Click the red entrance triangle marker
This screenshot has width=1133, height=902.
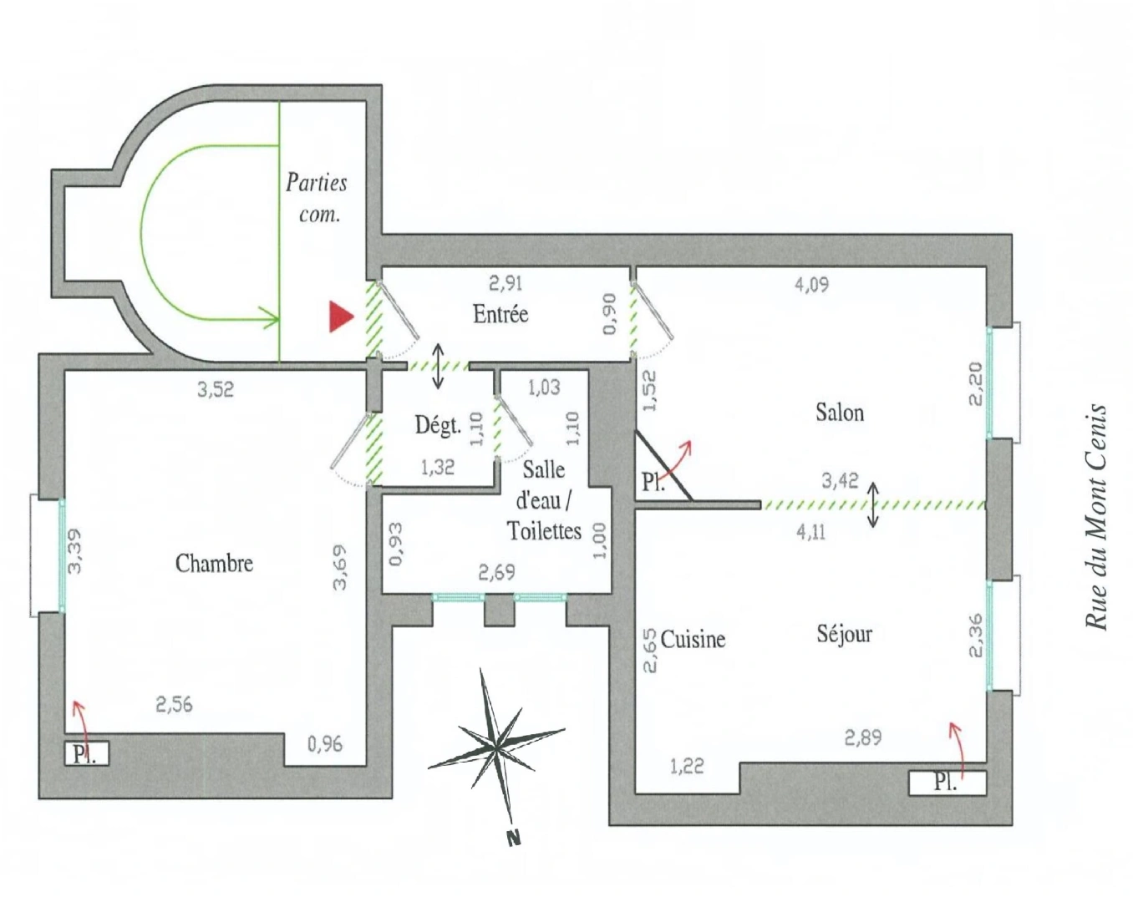click(340, 317)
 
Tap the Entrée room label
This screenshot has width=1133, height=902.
click(500, 314)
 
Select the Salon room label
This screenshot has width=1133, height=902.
click(840, 413)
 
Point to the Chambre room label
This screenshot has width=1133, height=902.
click(214, 564)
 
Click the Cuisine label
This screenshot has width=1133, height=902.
click(693, 640)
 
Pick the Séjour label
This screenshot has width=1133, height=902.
click(845, 634)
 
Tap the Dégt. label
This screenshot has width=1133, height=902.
click(438, 425)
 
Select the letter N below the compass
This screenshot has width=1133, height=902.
click(515, 837)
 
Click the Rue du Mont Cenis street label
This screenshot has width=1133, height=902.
click(1097, 516)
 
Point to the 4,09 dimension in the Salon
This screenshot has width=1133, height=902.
click(811, 285)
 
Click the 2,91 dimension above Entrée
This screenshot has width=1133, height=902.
click(506, 284)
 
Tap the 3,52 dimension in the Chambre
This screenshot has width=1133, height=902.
click(216, 390)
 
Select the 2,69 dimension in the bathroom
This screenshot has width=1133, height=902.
click(496, 573)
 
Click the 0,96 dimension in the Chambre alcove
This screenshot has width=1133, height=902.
click(325, 744)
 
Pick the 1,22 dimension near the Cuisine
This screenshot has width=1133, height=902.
click(688, 767)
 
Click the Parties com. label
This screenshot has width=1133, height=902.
click(317, 199)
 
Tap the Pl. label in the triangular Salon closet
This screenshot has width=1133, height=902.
click(653, 482)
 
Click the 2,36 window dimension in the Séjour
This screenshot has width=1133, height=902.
click(975, 636)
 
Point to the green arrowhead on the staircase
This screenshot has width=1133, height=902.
click(271, 319)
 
